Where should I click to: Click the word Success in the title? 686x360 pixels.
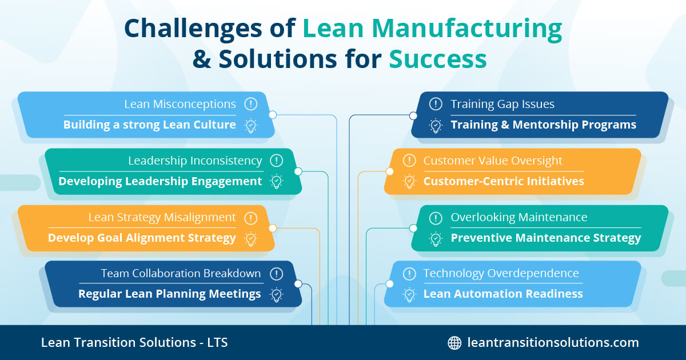click(x=438, y=59)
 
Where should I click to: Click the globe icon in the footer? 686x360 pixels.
click(x=454, y=343)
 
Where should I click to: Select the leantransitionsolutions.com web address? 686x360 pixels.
click(x=553, y=343)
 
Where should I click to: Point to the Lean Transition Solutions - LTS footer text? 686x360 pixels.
click(x=134, y=343)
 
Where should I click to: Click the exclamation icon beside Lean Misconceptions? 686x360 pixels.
click(x=250, y=104)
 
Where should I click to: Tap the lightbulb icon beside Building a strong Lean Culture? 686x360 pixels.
click(x=250, y=125)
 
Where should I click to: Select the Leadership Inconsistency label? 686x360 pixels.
click(x=195, y=161)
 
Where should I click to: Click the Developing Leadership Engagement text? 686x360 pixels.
click(x=160, y=182)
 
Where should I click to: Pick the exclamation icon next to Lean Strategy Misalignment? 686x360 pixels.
click(x=250, y=218)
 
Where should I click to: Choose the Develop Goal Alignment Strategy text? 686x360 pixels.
click(x=142, y=238)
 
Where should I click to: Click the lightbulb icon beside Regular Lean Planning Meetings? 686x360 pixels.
click(x=277, y=294)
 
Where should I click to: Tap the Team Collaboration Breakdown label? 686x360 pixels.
click(x=181, y=274)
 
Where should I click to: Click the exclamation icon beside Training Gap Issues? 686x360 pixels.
click(x=436, y=104)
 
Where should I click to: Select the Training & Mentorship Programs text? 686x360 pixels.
click(x=543, y=125)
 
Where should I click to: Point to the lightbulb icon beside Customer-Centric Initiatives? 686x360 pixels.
click(x=409, y=182)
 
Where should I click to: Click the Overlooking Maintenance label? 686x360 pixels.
click(x=519, y=218)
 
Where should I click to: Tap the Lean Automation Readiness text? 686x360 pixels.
click(x=503, y=294)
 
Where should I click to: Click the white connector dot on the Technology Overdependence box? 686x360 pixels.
click(x=389, y=284)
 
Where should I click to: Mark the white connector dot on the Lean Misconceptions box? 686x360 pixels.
click(x=273, y=115)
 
